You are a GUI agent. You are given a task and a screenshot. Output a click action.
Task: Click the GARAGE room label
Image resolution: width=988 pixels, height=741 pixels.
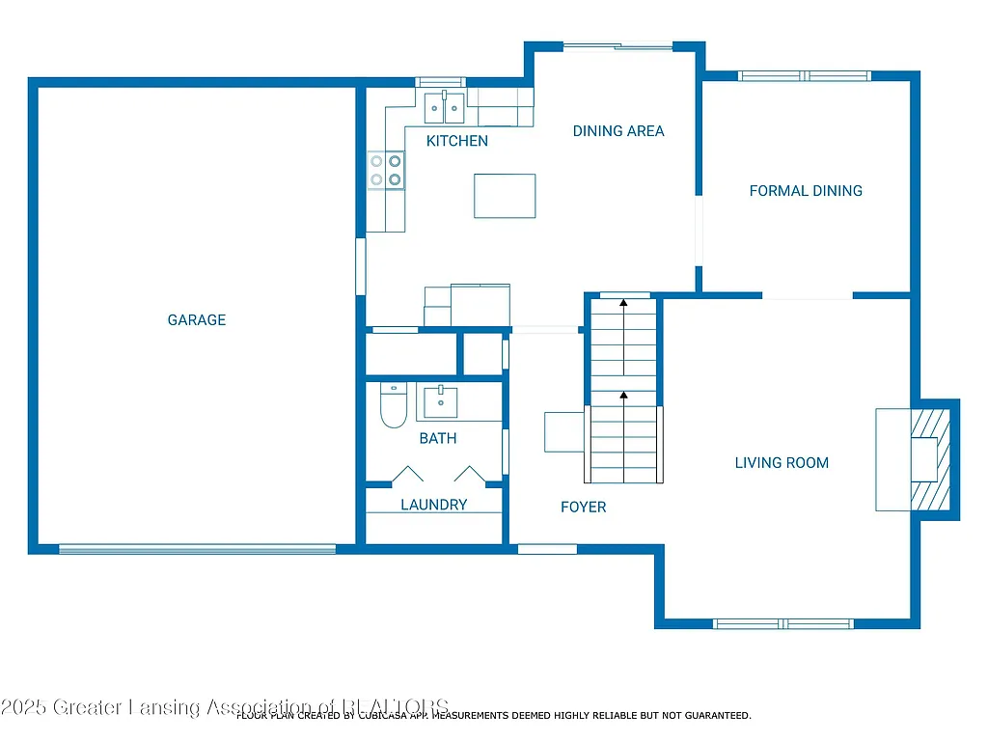pos(197,320)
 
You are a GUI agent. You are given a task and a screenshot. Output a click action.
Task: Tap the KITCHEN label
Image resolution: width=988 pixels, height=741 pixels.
pos(457,141)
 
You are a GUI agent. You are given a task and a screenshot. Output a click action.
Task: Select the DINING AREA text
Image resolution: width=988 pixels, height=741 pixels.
pos(618,131)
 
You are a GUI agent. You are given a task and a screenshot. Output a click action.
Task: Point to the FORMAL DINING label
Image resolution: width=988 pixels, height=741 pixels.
pos(806,191)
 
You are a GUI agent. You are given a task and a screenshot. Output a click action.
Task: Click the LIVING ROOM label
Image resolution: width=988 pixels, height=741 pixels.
pos(782,463)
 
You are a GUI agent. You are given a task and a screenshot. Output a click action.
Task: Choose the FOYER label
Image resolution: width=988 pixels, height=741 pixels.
pos(584,507)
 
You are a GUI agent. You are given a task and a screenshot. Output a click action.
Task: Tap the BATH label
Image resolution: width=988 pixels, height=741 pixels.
pos(438,439)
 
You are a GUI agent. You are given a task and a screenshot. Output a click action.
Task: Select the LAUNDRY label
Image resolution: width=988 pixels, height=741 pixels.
pos(434,505)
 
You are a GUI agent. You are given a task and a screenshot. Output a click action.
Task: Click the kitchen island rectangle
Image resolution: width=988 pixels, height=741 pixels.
pos(505,196)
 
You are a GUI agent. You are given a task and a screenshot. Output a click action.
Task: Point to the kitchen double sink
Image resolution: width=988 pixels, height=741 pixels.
pos(445,108)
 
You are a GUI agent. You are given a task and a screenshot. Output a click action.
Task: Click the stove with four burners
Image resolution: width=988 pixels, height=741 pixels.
pos(386,171)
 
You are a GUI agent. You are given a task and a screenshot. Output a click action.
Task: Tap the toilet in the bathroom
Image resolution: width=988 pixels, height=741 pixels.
pos(394,406)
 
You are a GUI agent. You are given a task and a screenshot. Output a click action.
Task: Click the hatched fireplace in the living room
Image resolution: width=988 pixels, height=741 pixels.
pos(932,459)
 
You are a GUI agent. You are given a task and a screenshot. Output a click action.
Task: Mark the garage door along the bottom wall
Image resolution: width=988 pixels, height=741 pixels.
pos(198,549)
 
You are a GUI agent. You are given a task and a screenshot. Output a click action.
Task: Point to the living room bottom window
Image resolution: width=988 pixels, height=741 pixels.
pos(783,623)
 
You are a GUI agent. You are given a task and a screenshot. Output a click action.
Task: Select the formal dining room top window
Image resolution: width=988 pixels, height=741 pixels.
pos(805,76)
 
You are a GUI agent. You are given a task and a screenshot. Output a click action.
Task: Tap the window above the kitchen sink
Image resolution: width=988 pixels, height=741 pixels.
pos(440,82)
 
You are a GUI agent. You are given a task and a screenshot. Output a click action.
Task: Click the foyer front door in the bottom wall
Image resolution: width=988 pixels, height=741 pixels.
pos(547,549)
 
